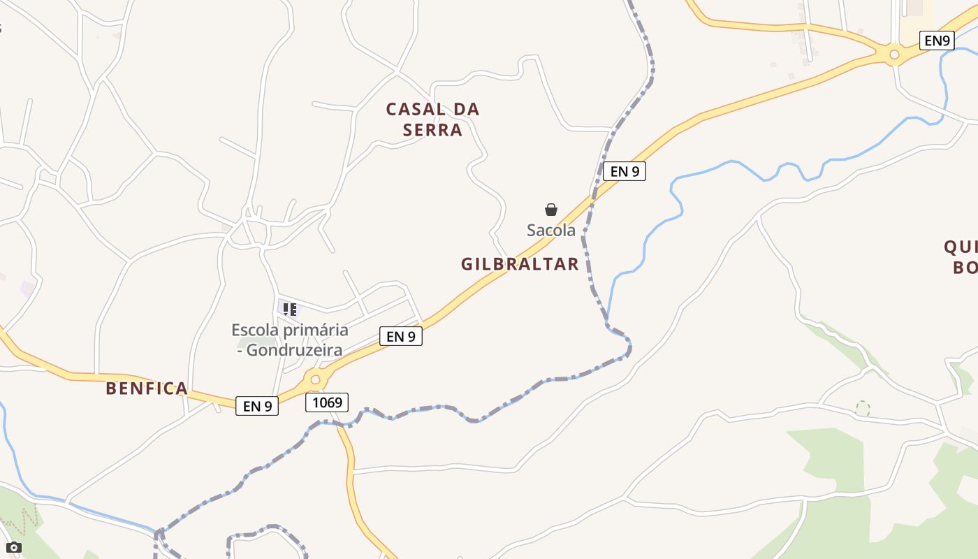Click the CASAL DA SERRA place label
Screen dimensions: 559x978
[433, 119]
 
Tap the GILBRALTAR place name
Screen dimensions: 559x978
[520, 264]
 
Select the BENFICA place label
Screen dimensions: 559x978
[147, 389]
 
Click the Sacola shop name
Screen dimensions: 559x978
[551, 230]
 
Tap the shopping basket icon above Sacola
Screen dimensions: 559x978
[551, 210]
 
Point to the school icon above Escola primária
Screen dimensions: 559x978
[290, 309]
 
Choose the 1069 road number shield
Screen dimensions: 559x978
[327, 402]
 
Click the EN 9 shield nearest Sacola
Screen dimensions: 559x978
[624, 171]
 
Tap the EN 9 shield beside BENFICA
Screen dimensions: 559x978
[257, 406]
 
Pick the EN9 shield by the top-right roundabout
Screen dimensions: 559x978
[937, 41]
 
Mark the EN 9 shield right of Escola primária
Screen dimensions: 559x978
[401, 336]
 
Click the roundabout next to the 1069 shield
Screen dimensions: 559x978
[315, 380]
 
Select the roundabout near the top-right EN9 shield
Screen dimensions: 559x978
[893, 55]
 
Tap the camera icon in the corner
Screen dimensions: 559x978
[13, 547]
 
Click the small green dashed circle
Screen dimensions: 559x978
[863, 408]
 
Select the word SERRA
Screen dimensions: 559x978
[433, 130]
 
